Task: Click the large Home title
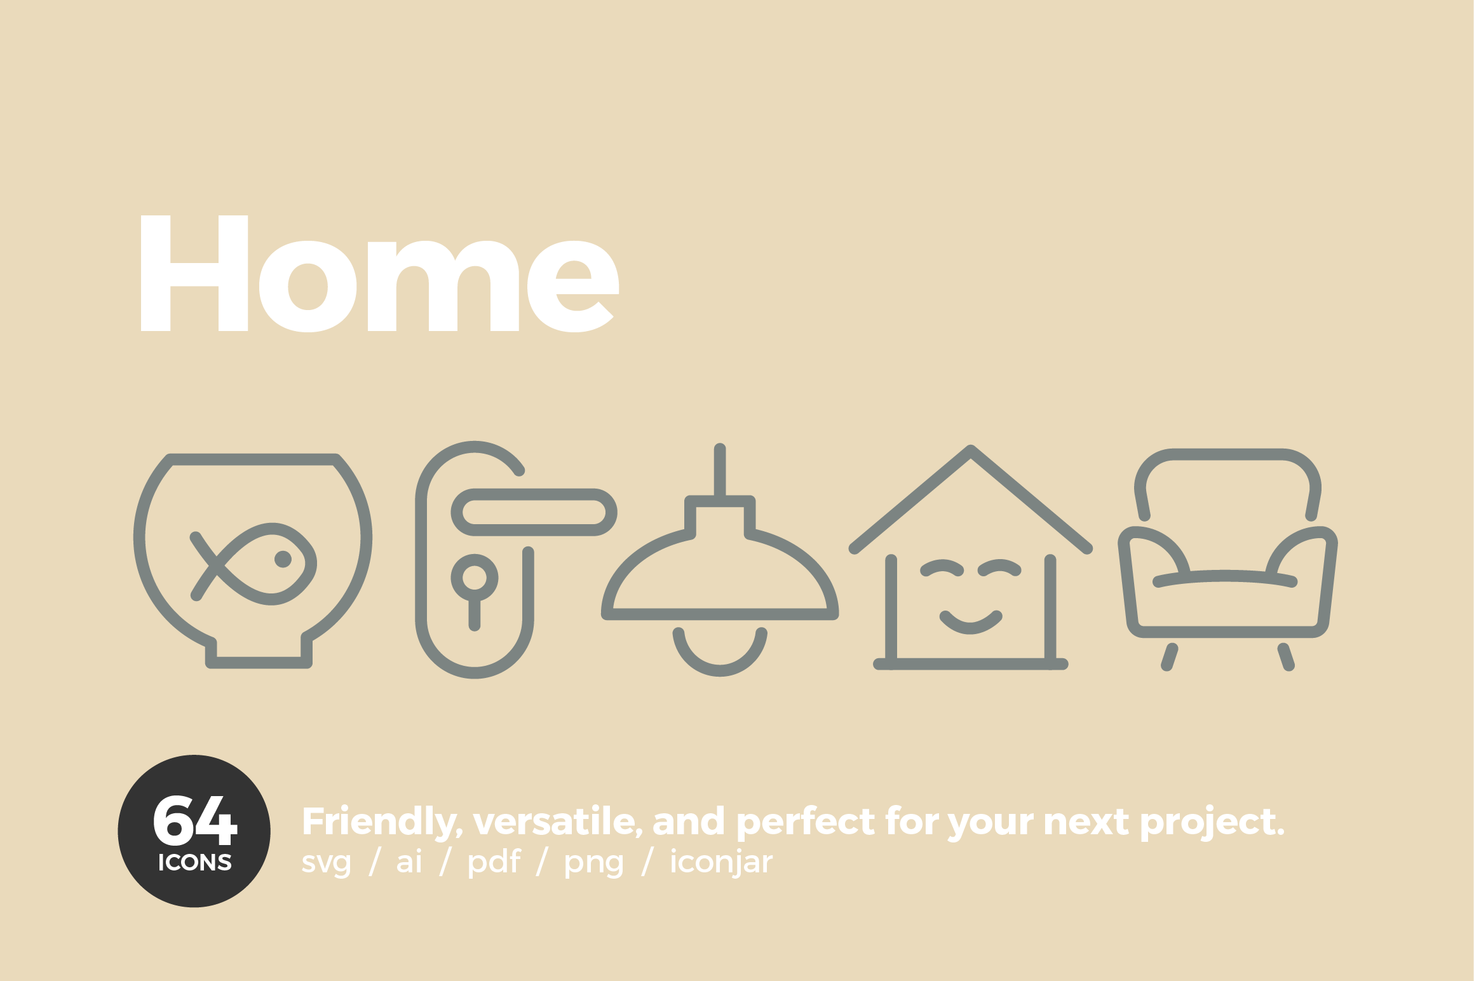[x=379, y=273]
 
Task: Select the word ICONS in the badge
[x=195, y=862]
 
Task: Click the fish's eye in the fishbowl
[x=283, y=559]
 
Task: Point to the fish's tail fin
[x=205, y=566]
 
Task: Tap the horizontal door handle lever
[x=534, y=512]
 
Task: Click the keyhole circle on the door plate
[x=474, y=578]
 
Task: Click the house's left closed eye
[x=942, y=568]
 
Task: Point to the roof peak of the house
[x=971, y=450]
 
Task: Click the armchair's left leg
[x=1170, y=657]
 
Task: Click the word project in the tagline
[x=1212, y=823]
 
